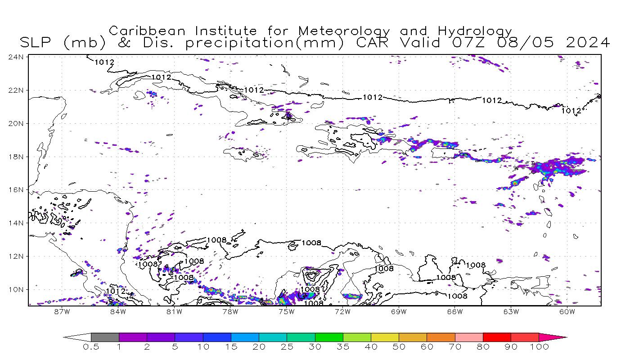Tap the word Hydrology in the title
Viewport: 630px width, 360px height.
475,31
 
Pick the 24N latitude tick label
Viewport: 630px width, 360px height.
17,57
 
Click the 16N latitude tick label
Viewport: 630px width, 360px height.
17,190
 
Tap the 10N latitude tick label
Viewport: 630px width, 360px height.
17,290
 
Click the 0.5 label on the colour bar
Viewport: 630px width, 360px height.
90,347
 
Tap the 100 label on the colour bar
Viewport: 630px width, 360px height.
539,347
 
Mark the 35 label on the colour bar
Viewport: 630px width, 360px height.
343,347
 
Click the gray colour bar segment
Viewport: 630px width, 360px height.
105,337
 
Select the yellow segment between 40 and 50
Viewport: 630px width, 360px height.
385,337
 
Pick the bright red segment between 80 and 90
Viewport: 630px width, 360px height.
497,337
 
